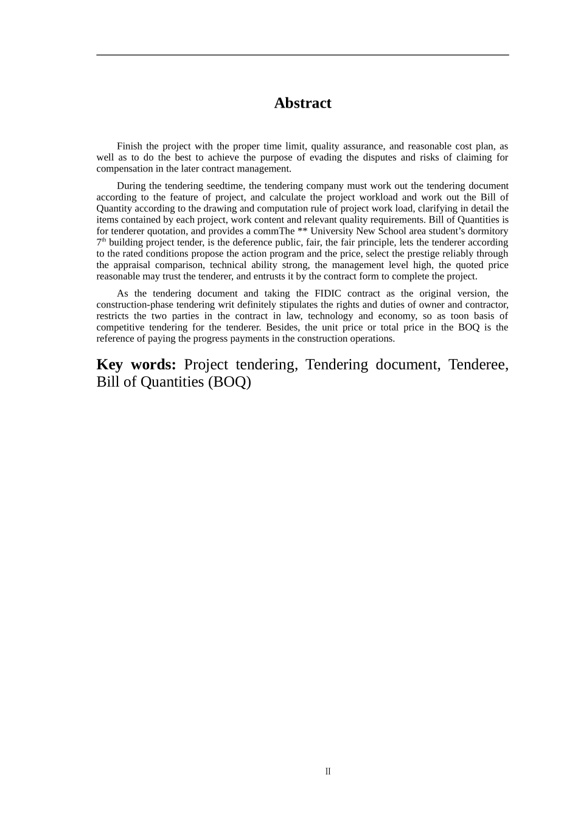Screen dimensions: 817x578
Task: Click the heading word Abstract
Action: coord(302,103)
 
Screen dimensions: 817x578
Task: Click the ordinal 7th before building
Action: coord(101,242)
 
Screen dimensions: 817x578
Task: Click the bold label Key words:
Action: coord(136,365)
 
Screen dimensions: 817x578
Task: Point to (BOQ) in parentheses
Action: coord(229,382)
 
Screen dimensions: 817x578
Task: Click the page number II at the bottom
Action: coord(328,771)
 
